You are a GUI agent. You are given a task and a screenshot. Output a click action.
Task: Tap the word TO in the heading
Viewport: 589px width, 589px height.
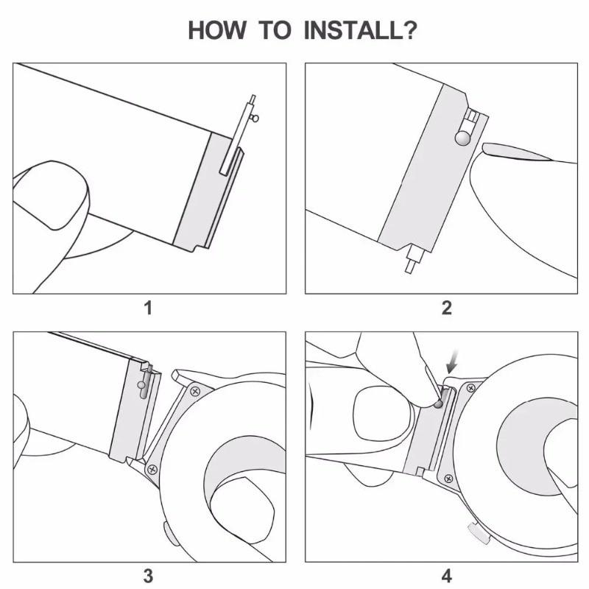275,31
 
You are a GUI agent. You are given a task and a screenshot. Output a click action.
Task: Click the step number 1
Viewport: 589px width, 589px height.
148,308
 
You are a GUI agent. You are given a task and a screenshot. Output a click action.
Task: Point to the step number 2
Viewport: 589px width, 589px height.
447,308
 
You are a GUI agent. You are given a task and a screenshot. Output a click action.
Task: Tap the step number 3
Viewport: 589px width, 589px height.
148,575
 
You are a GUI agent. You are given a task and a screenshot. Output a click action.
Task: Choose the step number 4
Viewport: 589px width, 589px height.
447,575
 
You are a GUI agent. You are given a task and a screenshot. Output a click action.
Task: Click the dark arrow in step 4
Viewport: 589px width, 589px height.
451,363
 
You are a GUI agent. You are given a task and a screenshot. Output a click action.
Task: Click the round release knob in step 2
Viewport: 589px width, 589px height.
463,138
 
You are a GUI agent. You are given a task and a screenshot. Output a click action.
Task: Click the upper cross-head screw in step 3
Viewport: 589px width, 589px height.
195,389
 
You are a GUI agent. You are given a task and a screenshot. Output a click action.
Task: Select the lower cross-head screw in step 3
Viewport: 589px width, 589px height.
152,468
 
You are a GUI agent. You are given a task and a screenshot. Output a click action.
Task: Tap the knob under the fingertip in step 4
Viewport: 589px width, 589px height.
438,403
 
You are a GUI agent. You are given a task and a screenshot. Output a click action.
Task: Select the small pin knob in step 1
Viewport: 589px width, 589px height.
255,118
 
